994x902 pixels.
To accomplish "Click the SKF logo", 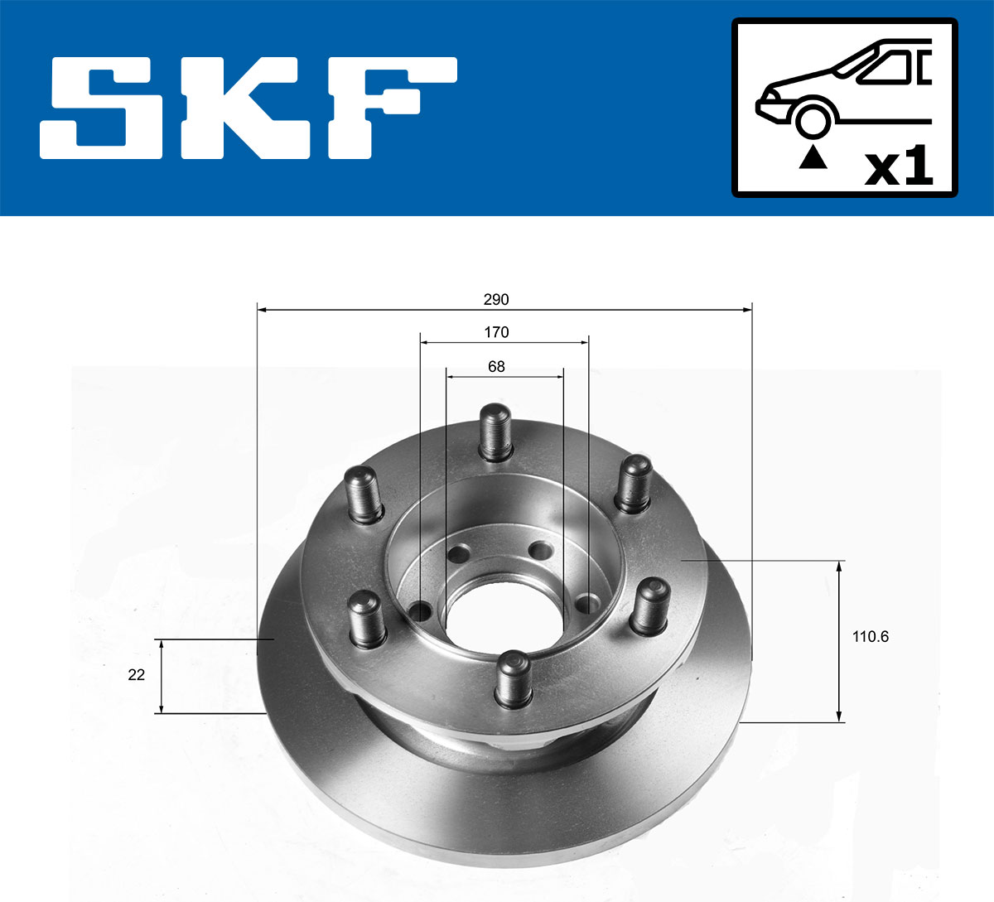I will click(x=248, y=108).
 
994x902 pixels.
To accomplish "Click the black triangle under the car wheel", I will click(x=813, y=157).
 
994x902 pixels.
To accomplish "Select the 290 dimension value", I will click(x=496, y=299).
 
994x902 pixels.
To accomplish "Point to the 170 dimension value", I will click(x=496, y=332).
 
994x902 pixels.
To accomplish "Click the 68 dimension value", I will click(x=496, y=366).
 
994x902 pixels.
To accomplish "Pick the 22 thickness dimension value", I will click(x=137, y=675).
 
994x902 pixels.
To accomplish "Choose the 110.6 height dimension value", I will click(x=870, y=637).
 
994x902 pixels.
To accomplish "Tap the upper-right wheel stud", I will click(x=634, y=483).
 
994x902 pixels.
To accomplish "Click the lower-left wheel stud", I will click(x=365, y=617).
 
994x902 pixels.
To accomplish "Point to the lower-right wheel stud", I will click(x=649, y=605).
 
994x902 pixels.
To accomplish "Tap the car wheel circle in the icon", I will click(x=813, y=119).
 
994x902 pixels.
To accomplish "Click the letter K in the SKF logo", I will click(x=248, y=108).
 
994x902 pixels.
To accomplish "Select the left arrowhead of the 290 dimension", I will click(x=263, y=310).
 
